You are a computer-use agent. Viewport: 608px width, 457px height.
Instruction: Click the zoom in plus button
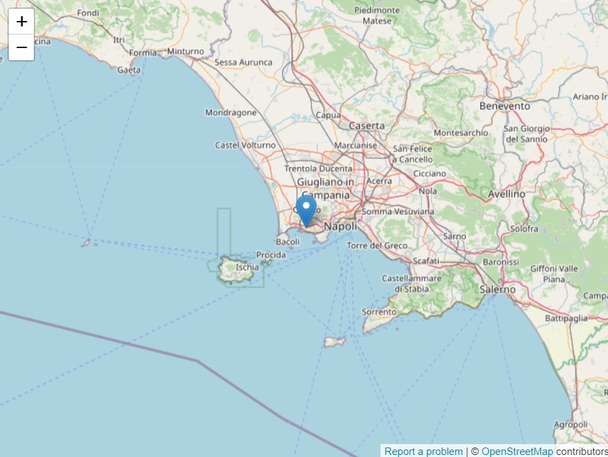click(22, 22)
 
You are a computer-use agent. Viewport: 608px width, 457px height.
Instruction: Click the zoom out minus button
click(22, 47)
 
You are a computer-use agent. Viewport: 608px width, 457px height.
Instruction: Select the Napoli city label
click(340, 226)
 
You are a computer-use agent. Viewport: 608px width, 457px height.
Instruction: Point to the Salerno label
click(497, 289)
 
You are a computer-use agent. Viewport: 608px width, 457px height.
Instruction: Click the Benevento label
click(504, 106)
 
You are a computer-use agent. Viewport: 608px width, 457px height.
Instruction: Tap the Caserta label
click(366, 125)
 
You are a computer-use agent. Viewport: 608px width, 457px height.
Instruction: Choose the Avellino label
click(506, 194)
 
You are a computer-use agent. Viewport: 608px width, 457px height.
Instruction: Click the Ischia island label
click(247, 267)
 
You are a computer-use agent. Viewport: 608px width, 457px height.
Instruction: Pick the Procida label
click(272, 255)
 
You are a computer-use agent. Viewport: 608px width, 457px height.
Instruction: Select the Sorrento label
click(379, 312)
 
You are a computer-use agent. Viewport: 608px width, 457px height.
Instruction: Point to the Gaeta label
click(129, 70)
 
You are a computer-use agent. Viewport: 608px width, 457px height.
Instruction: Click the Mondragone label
click(231, 112)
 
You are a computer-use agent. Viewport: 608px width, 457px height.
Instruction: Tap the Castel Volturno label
click(245, 145)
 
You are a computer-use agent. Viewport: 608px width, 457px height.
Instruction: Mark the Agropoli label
click(571, 425)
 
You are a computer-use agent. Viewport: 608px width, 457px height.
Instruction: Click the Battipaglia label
click(566, 318)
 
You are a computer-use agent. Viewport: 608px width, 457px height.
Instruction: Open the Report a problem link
click(424, 452)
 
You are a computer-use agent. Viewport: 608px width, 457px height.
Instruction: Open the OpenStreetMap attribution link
click(517, 452)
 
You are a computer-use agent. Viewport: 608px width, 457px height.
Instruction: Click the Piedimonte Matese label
click(377, 16)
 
